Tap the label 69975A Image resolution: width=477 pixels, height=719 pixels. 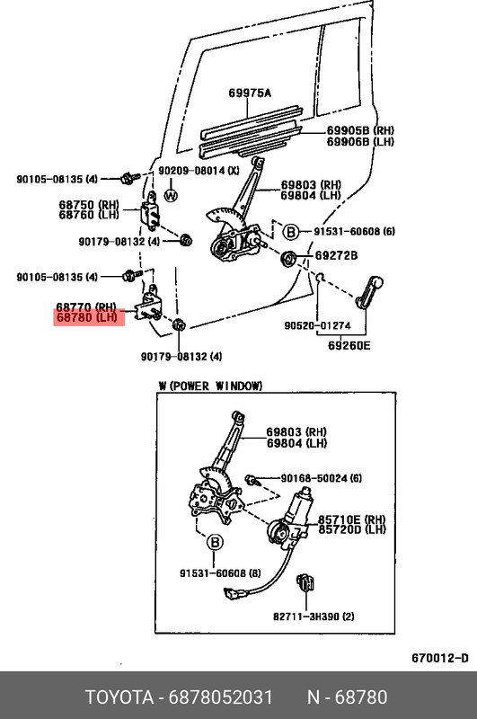(x=250, y=93)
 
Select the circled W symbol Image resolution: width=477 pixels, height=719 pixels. (x=171, y=196)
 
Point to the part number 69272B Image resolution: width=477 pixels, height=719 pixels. (x=336, y=255)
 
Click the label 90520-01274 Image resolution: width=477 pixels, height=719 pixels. (x=317, y=325)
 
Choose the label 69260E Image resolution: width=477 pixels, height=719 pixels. (x=349, y=345)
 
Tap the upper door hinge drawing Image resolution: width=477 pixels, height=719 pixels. (x=151, y=211)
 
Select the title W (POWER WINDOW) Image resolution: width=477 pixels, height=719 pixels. (x=210, y=386)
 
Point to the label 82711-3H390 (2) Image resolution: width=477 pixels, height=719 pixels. (x=314, y=617)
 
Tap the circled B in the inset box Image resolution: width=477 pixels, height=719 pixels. (x=215, y=543)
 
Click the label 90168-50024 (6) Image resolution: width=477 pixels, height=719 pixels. (x=321, y=478)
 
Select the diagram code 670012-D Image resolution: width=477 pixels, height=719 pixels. (x=440, y=658)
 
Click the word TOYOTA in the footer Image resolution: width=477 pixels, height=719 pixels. (x=119, y=697)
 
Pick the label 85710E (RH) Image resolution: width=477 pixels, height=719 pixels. (x=351, y=519)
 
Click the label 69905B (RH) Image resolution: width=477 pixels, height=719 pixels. (x=360, y=130)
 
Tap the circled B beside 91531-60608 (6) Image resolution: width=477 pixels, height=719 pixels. (x=291, y=232)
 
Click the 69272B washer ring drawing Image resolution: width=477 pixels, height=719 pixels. (x=288, y=258)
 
